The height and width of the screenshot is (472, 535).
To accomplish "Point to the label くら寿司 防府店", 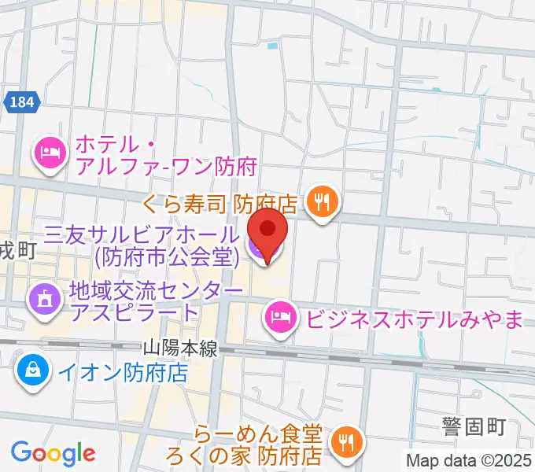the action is [219, 204].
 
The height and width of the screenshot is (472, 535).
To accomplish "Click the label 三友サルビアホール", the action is [140, 234].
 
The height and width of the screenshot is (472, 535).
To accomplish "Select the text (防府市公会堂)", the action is [165, 256].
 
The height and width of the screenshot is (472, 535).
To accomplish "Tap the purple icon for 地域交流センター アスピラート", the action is [42, 299].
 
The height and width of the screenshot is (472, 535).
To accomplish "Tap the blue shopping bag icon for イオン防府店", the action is [32, 369].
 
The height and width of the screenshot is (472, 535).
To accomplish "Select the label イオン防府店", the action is [121, 371].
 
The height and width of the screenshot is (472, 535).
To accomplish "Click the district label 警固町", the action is [472, 427].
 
